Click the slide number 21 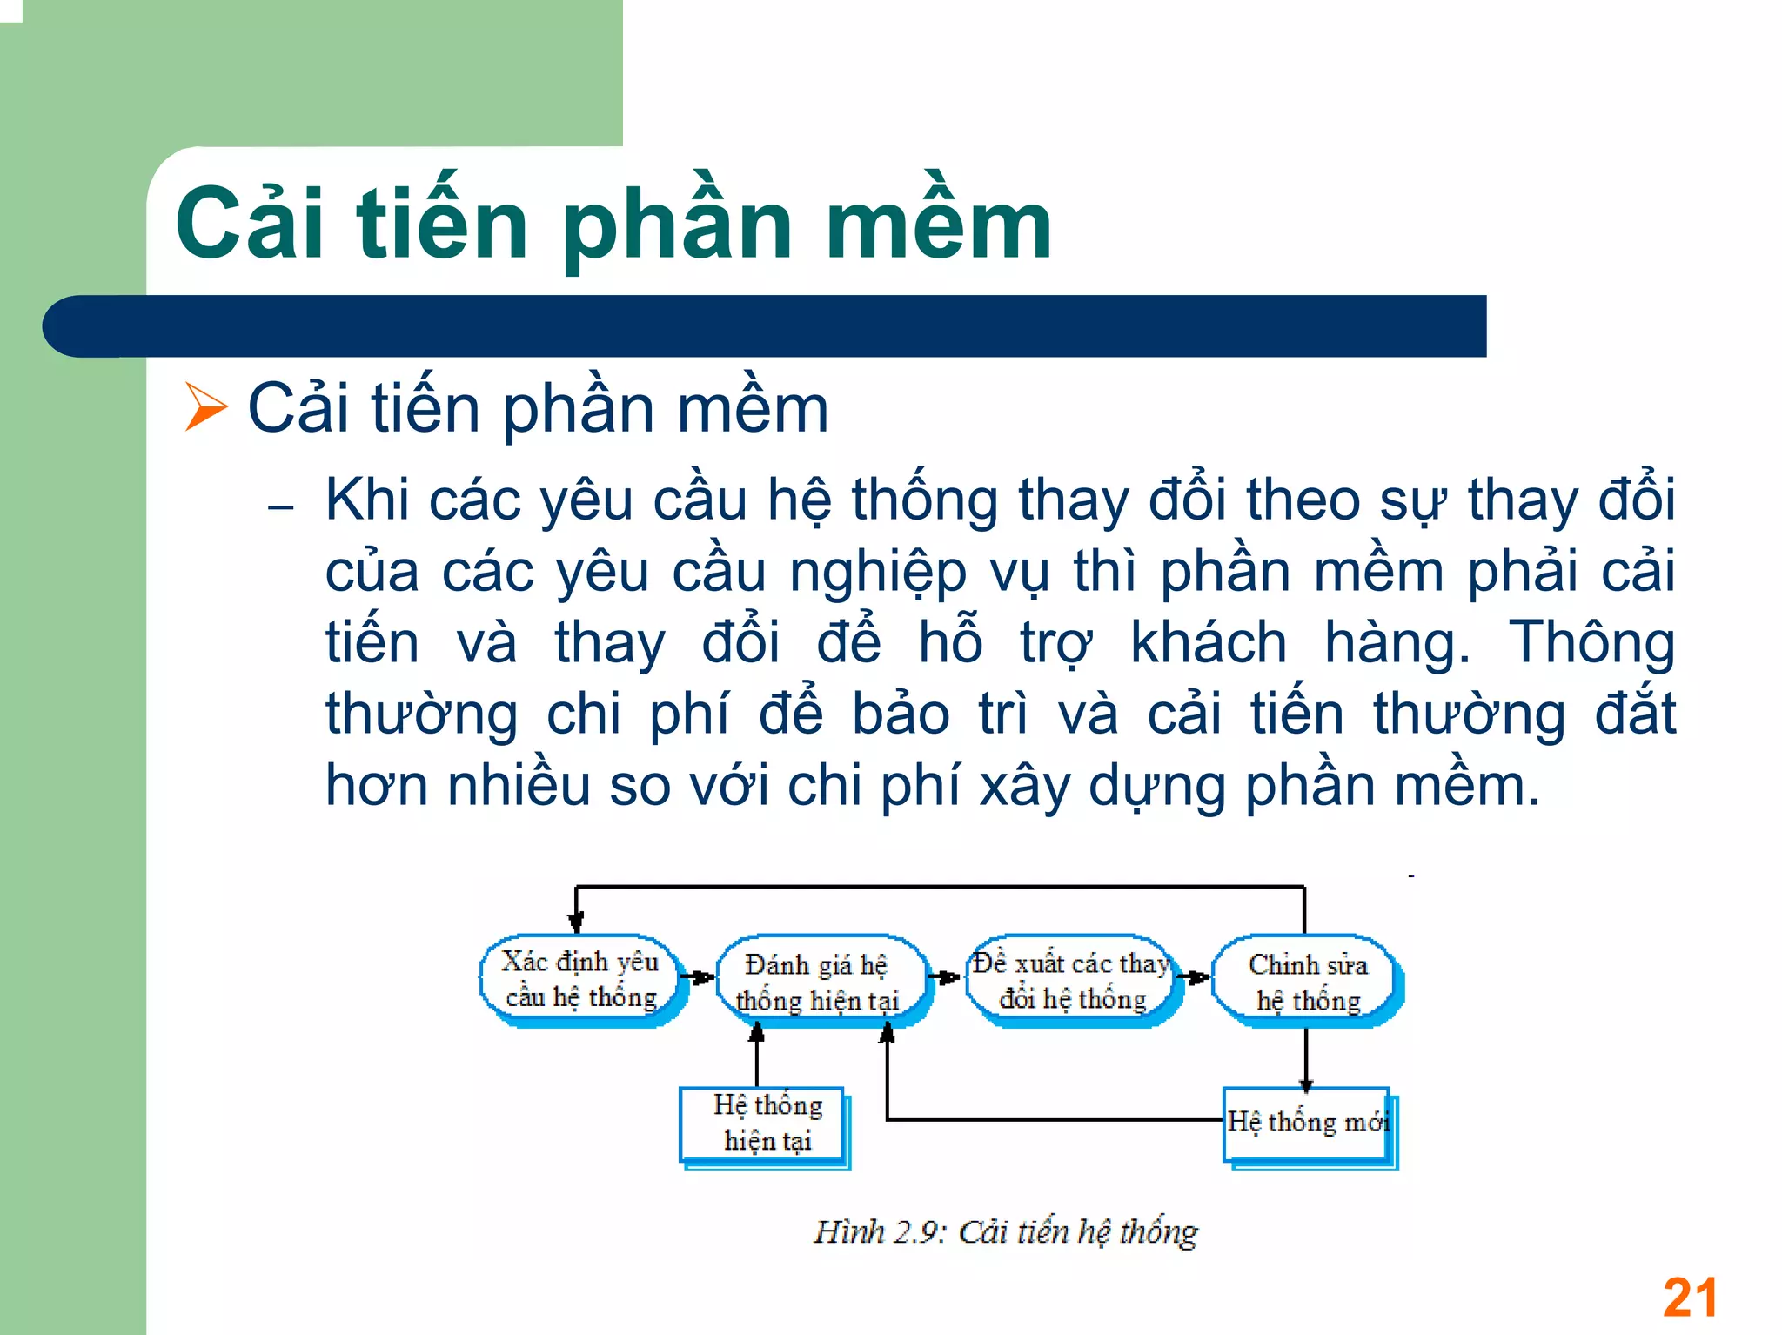[1690, 1298]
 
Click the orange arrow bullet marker [205, 407]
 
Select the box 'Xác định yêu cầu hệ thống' [581, 979]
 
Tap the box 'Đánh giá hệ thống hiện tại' [818, 982]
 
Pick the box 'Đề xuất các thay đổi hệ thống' [1072, 980]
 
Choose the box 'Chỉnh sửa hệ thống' [1307, 982]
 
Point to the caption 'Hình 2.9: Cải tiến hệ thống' [1005, 1232]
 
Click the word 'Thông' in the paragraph [1591, 643]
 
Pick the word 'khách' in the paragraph [1208, 643]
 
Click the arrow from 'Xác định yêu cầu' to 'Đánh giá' [698, 977]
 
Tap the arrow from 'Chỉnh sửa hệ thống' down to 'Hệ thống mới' [1306, 1057]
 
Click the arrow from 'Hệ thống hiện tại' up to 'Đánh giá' [757, 1055]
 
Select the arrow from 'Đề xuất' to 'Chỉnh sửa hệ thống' [1196, 977]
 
